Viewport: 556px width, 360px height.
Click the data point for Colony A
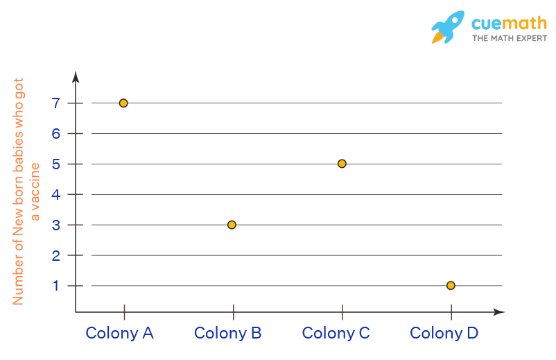click(x=123, y=103)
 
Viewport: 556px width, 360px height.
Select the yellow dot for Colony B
click(x=232, y=225)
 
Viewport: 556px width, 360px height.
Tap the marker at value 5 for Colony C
click(x=342, y=164)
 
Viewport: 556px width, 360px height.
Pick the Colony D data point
click(x=451, y=285)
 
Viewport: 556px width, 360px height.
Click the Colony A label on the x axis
click(x=119, y=333)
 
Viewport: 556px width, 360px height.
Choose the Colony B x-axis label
click(x=227, y=333)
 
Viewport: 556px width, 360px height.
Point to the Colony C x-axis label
click(x=336, y=333)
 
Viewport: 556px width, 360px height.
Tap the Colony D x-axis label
click(x=444, y=333)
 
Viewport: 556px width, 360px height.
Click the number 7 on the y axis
click(x=55, y=103)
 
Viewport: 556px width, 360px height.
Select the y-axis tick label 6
click(x=55, y=133)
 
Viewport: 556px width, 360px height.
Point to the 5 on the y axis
click(x=55, y=164)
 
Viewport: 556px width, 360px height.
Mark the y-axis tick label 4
click(x=55, y=194)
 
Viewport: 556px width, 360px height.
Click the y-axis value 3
click(x=55, y=225)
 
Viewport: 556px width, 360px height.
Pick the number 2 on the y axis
click(x=55, y=255)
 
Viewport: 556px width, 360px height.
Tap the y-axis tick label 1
click(x=55, y=285)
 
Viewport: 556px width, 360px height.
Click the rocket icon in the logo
click(x=448, y=28)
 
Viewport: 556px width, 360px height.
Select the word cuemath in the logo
click(x=509, y=23)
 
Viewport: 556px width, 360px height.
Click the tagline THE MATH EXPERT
click(x=510, y=38)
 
